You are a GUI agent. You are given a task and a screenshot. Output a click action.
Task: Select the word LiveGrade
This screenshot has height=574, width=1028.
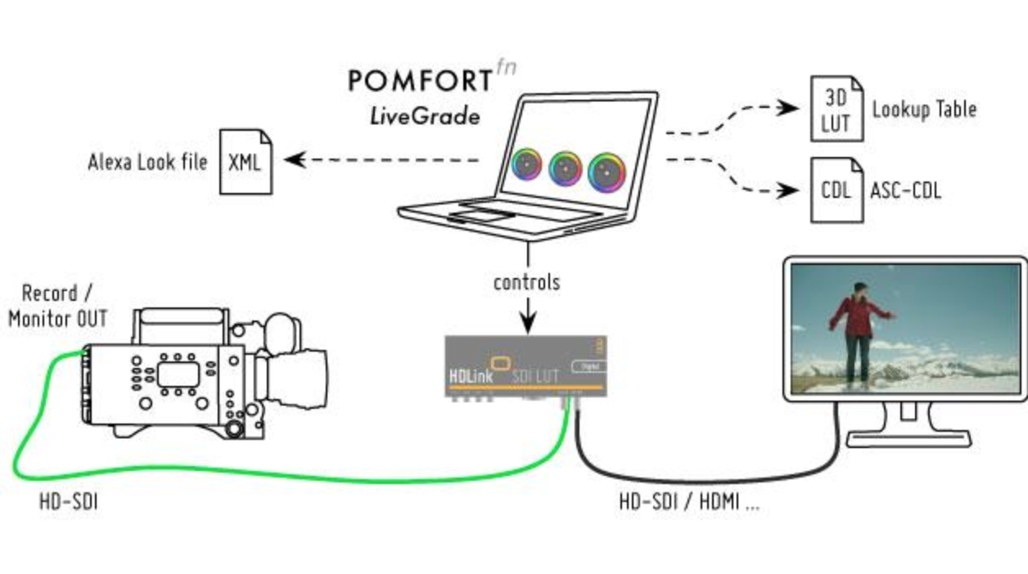(x=424, y=115)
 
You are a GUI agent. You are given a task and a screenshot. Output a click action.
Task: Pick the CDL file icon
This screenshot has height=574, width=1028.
(x=836, y=191)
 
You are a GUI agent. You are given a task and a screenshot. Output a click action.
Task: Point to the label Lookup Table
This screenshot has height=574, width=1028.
(x=924, y=109)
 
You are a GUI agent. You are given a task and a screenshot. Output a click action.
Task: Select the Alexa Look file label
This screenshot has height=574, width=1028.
(x=147, y=161)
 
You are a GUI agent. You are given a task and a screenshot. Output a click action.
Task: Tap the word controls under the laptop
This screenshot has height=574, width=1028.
(x=526, y=283)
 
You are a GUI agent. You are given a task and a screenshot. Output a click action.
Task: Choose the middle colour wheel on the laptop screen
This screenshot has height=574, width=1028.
(x=565, y=167)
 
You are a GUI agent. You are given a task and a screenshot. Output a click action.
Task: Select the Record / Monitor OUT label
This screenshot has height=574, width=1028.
(x=57, y=305)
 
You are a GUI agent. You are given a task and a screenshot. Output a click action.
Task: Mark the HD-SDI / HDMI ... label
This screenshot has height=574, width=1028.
(x=689, y=502)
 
